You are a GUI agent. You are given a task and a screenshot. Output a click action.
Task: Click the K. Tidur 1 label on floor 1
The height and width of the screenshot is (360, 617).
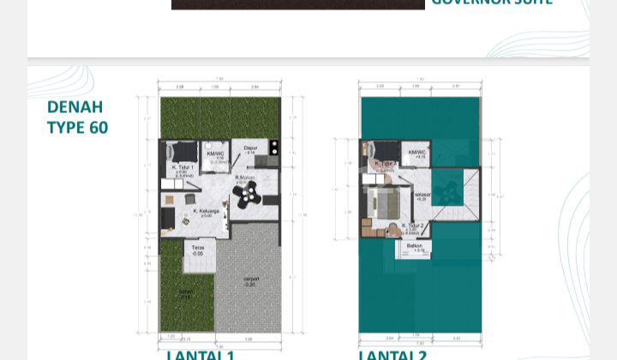pyautogui.click(x=183, y=168)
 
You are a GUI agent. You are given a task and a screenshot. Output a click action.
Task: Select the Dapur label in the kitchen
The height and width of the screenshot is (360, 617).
pyautogui.click(x=251, y=147)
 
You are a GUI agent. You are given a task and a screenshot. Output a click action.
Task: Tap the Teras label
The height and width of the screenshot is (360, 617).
pyautogui.click(x=198, y=250)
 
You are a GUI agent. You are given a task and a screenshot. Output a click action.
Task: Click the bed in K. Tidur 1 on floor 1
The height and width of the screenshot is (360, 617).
pyautogui.click(x=181, y=150)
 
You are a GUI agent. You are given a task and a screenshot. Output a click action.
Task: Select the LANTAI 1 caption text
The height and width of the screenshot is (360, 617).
pyautogui.click(x=201, y=354)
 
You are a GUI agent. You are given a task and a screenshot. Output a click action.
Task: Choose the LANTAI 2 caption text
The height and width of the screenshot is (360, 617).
pyautogui.click(x=392, y=354)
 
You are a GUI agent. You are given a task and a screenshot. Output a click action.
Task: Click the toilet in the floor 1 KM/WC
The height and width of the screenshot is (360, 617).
pyautogui.click(x=216, y=145)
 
